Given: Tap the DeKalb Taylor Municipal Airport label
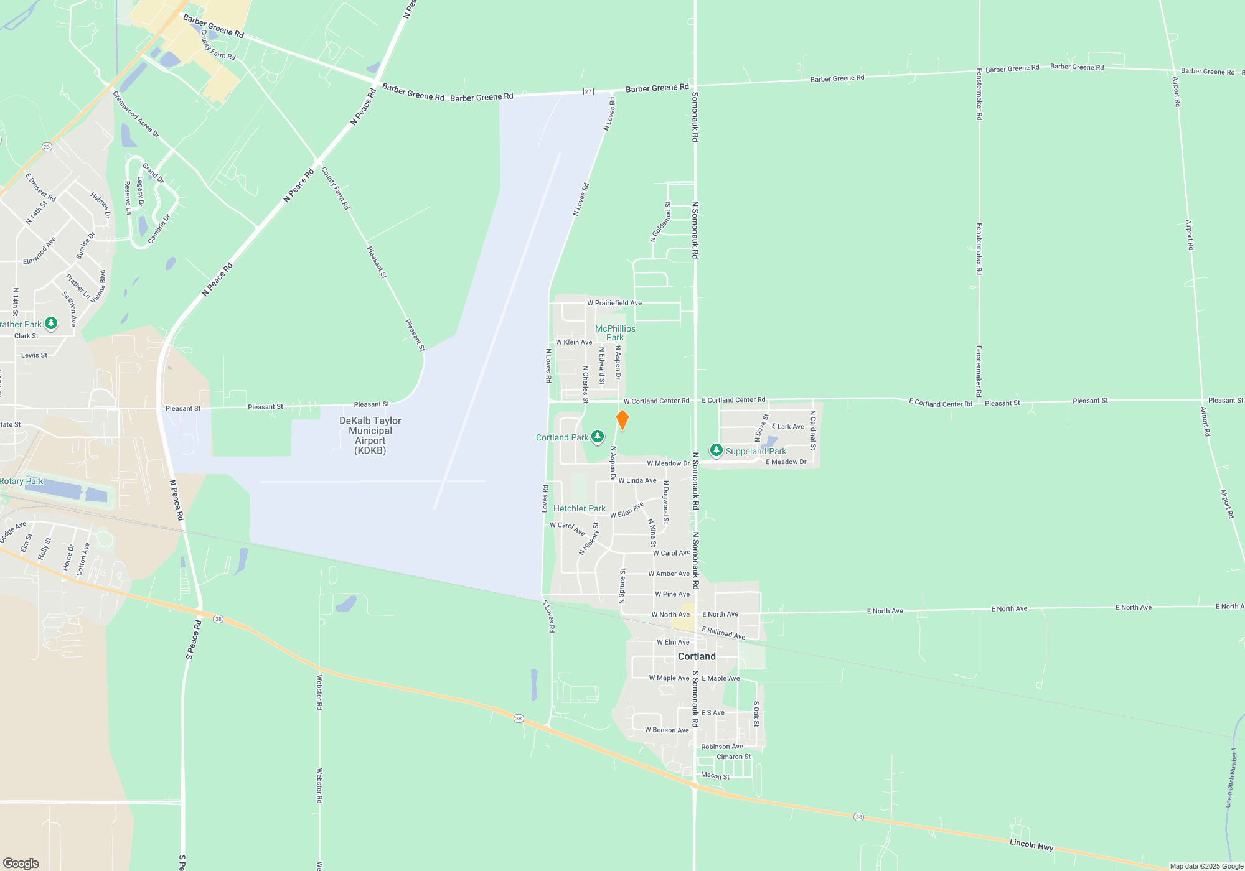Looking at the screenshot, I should tap(370, 435).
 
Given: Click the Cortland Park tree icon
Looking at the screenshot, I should tap(598, 437).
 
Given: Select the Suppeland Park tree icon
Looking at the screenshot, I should tap(716, 450).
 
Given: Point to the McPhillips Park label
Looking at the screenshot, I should tap(615, 333).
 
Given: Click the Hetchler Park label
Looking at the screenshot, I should tap(579, 508).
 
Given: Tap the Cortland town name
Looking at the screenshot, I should tap(697, 656).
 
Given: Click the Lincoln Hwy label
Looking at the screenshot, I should tap(1031, 844).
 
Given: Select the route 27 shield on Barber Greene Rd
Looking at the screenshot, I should tap(588, 91).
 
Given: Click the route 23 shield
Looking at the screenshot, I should tap(47, 147).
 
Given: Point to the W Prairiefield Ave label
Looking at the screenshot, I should tap(614, 303).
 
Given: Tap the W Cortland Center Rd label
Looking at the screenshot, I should tap(656, 401).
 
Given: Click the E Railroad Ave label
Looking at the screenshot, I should tap(723, 633).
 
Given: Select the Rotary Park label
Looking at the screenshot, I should tap(22, 481).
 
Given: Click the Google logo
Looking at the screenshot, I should tap(21, 863).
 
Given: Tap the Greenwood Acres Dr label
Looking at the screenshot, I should tap(136, 114).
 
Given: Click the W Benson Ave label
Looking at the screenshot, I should tap(667, 730).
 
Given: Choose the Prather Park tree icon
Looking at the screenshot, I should tap(52, 323).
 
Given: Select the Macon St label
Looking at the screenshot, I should tap(715, 775).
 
